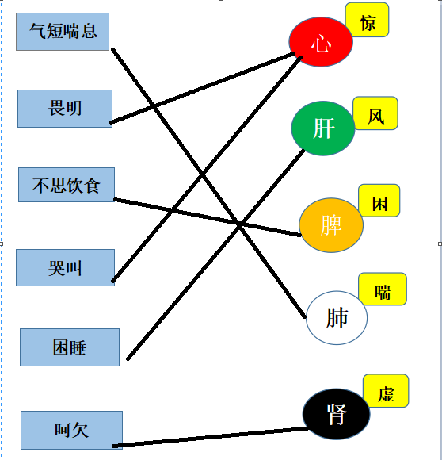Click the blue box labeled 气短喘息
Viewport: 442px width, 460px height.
click(63, 32)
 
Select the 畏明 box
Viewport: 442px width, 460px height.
click(65, 109)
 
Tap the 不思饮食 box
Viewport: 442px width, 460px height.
click(67, 185)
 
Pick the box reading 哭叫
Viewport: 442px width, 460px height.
click(65, 267)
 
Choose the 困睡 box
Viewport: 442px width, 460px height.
click(70, 347)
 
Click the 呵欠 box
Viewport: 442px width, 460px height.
click(71, 430)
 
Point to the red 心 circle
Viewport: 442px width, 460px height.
click(321, 42)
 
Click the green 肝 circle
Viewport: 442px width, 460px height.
click(323, 128)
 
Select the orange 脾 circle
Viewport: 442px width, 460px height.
click(331, 225)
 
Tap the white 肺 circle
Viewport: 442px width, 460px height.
click(337, 318)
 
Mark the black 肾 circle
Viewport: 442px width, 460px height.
click(337, 414)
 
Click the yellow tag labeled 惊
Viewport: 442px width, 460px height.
click(367, 20)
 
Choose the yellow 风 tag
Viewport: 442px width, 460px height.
click(375, 113)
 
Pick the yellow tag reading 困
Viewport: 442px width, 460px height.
click(379, 201)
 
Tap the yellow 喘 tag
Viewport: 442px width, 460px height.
click(383, 289)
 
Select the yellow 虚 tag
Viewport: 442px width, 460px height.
click(386, 391)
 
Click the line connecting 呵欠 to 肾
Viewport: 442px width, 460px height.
click(211, 438)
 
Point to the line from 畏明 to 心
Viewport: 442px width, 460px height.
click(203, 88)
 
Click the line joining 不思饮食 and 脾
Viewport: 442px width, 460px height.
click(208, 217)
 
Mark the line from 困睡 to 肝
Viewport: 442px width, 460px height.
click(215, 255)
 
